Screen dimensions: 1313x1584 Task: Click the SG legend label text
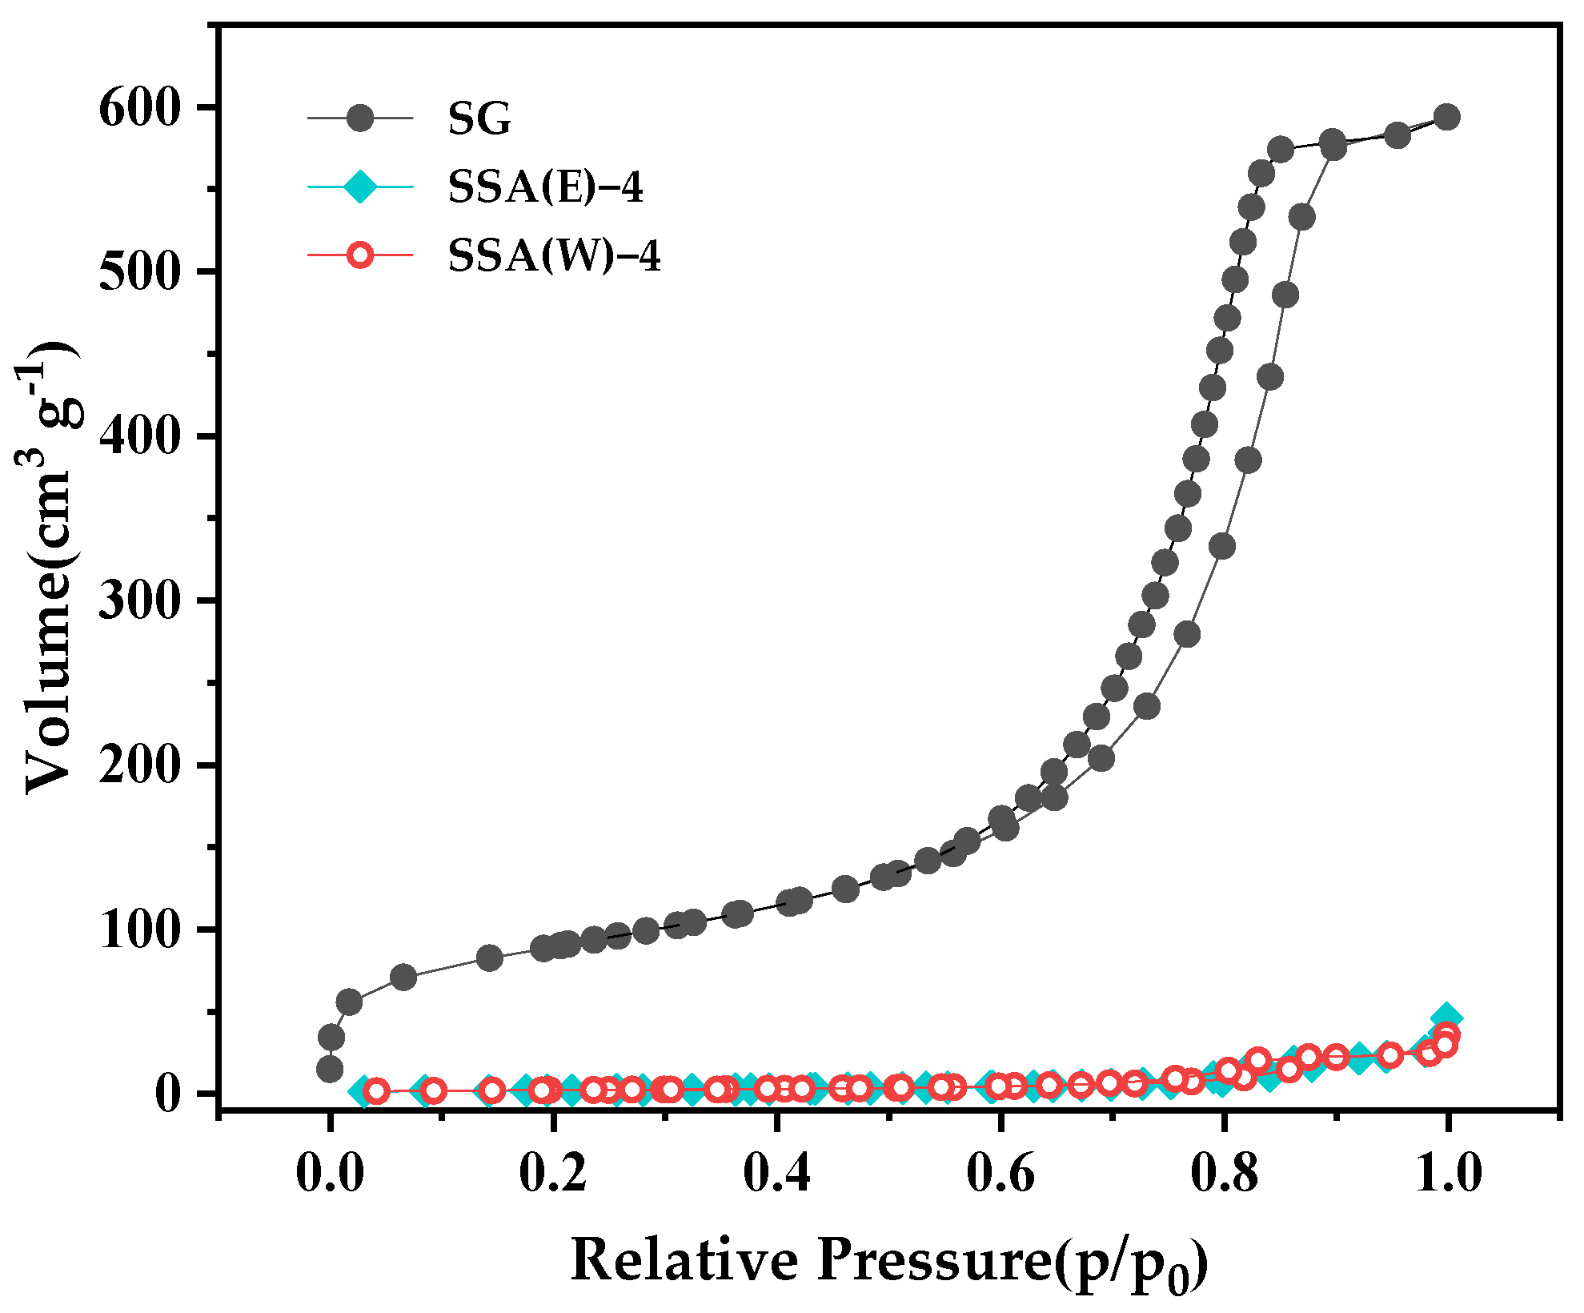[x=479, y=120]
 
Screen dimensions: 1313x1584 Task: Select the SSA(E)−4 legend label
[x=545, y=188]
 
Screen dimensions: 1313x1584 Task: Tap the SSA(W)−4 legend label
[x=554, y=257]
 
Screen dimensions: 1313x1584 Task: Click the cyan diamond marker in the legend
[x=360, y=187]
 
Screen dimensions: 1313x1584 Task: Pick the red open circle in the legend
[x=360, y=256]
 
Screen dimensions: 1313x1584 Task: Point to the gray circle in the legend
[x=360, y=118]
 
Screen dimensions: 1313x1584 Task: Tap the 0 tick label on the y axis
[x=169, y=1094]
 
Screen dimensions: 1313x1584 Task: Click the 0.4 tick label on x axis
[x=776, y=1174]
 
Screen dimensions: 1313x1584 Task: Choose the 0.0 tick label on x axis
[x=329, y=1174]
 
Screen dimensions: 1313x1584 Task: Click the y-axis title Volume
[x=50, y=568]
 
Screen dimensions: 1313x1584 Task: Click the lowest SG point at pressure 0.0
[x=330, y=1069]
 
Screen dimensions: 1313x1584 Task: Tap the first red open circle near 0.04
[x=376, y=1090]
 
